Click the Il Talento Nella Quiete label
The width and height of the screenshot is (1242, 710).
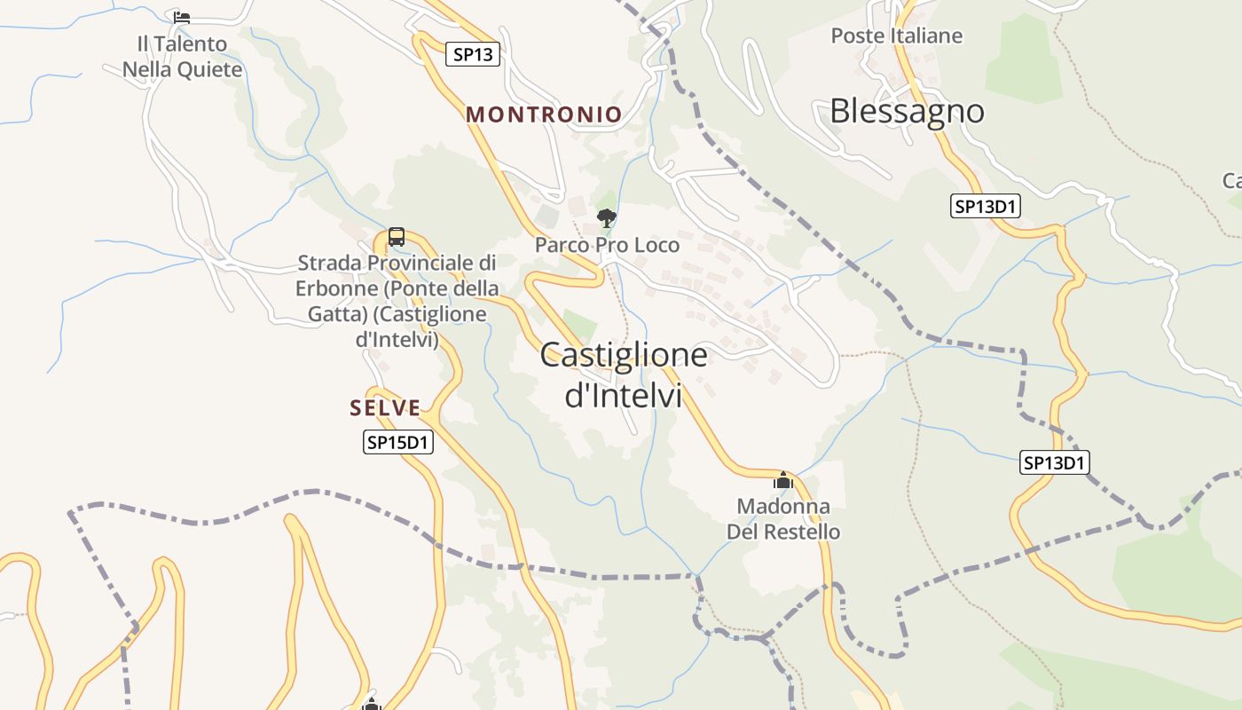tap(182, 57)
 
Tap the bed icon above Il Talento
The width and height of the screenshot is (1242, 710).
tap(182, 17)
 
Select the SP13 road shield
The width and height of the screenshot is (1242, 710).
tap(473, 54)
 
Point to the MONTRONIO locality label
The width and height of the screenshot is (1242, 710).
tap(544, 114)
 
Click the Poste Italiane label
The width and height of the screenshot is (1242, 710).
tap(897, 35)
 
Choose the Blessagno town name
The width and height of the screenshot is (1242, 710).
tap(907, 111)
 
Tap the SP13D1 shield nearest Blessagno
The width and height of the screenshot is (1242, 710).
tap(986, 207)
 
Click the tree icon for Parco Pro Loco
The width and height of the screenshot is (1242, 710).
tap(607, 217)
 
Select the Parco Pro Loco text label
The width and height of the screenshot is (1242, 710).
tap(607, 245)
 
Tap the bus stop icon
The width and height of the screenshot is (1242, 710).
tap(397, 237)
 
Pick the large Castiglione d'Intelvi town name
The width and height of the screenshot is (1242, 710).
tap(624, 375)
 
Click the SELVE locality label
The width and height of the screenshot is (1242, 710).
tap(385, 408)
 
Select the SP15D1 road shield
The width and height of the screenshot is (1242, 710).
tap(398, 442)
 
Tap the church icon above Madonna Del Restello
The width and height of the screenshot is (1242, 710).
tap(783, 481)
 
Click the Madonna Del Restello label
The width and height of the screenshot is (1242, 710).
tap(783, 519)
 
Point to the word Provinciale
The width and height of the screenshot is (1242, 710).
tap(421, 264)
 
